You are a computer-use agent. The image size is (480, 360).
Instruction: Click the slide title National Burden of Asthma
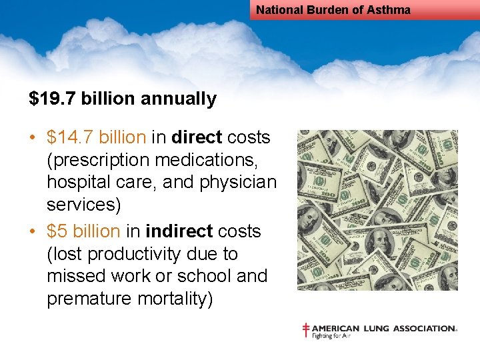[x=333, y=10]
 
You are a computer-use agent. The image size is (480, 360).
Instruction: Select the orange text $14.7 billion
[x=97, y=138]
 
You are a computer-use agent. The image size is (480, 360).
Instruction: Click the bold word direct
[x=197, y=138]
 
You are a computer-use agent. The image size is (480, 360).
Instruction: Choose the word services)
[x=84, y=205]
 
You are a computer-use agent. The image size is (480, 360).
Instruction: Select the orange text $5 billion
[x=83, y=231]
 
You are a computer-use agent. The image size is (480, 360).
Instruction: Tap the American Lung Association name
[x=385, y=328]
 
